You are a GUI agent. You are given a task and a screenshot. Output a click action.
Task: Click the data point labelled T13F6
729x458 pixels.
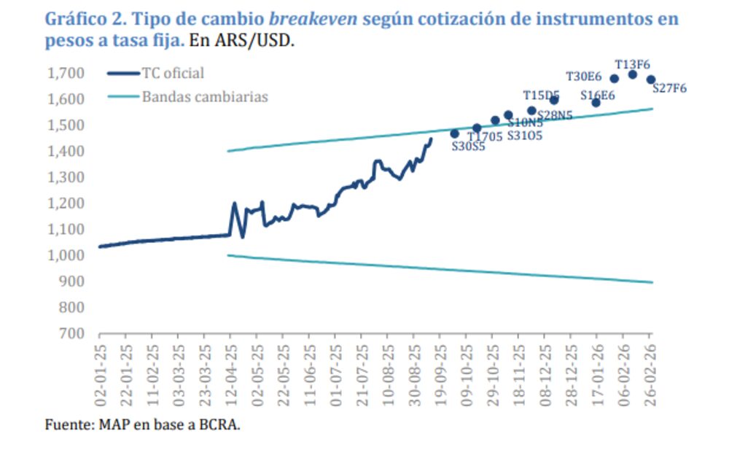coord(632,74)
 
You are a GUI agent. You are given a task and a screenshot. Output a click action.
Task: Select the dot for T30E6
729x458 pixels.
coord(614,79)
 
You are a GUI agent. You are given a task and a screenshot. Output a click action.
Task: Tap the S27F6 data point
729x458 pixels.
coord(650,79)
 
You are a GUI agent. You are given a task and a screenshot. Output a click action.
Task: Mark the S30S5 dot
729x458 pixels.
coord(454,133)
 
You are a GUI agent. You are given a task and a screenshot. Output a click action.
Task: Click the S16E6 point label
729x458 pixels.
coord(598,95)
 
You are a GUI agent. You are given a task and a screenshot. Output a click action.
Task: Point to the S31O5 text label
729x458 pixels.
coord(524,135)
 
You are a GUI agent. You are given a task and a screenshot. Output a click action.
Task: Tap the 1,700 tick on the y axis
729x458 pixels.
coord(66,73)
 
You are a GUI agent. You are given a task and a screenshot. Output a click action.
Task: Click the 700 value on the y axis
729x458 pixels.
coord(71,333)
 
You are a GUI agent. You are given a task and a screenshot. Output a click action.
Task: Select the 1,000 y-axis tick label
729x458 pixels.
coord(66,255)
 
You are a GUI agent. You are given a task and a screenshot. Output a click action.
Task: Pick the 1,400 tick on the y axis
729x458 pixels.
coord(66,151)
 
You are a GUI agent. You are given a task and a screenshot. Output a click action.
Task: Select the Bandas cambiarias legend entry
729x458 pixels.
coord(205,96)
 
